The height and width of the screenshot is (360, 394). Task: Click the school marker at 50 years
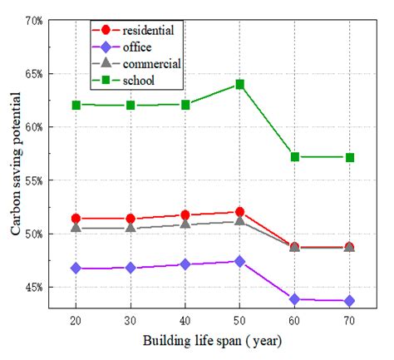[239, 84]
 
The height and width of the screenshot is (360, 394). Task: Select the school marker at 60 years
[294, 156]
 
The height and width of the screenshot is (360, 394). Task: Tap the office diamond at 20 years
[76, 268]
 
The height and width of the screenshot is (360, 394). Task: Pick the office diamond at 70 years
[349, 300]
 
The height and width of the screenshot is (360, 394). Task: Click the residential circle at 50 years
[239, 212]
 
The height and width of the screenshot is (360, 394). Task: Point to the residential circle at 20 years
[76, 219]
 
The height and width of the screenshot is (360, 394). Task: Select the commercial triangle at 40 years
[185, 224]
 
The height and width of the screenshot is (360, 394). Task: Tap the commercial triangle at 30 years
[131, 226]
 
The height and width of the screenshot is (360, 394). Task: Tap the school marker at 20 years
[76, 105]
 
